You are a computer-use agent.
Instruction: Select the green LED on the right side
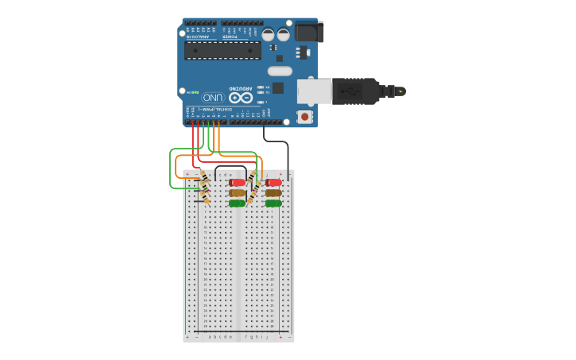(273, 203)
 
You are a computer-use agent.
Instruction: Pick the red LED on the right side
(274, 183)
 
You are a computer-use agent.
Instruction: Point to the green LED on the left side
(237, 203)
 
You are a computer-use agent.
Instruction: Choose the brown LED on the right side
(273, 193)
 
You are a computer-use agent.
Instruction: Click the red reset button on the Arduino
(304, 117)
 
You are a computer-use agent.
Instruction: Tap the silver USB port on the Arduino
(314, 91)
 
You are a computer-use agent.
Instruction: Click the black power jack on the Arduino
(309, 32)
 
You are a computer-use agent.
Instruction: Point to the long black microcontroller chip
(222, 50)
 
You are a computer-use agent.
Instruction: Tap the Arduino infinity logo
(241, 97)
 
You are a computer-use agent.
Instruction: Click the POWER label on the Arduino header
(230, 37)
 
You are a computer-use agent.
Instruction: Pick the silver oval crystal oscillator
(280, 71)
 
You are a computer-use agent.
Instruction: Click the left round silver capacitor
(269, 35)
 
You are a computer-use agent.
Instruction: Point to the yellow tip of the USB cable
(401, 91)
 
